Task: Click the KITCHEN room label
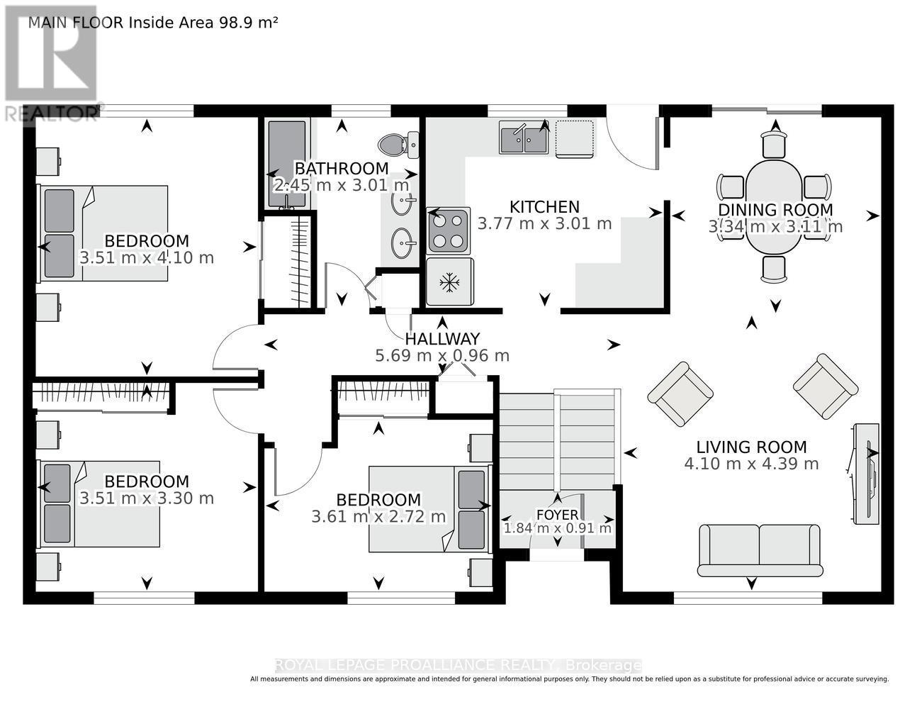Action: (544, 207)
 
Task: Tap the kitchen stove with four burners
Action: (448, 231)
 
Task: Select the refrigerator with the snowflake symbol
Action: (450, 281)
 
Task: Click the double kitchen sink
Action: (524, 137)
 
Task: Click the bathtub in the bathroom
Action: (287, 164)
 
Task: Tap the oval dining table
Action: (774, 207)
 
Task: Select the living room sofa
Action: (760, 550)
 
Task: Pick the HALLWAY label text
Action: (442, 339)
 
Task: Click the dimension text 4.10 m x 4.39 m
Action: (751, 464)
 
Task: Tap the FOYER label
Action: (557, 515)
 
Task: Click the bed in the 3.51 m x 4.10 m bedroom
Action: (104, 233)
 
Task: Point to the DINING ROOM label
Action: (776, 210)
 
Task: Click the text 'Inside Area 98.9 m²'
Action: (203, 23)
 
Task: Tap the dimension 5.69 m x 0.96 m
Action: (442, 356)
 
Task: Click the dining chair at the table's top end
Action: (774, 143)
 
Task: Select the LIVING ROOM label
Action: (751, 447)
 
